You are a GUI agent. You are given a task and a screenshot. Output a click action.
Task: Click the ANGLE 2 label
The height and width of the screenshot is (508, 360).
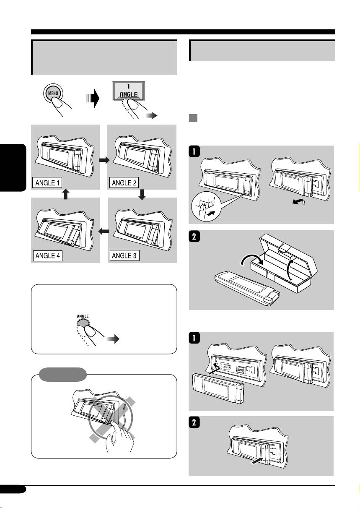coord(124,183)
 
